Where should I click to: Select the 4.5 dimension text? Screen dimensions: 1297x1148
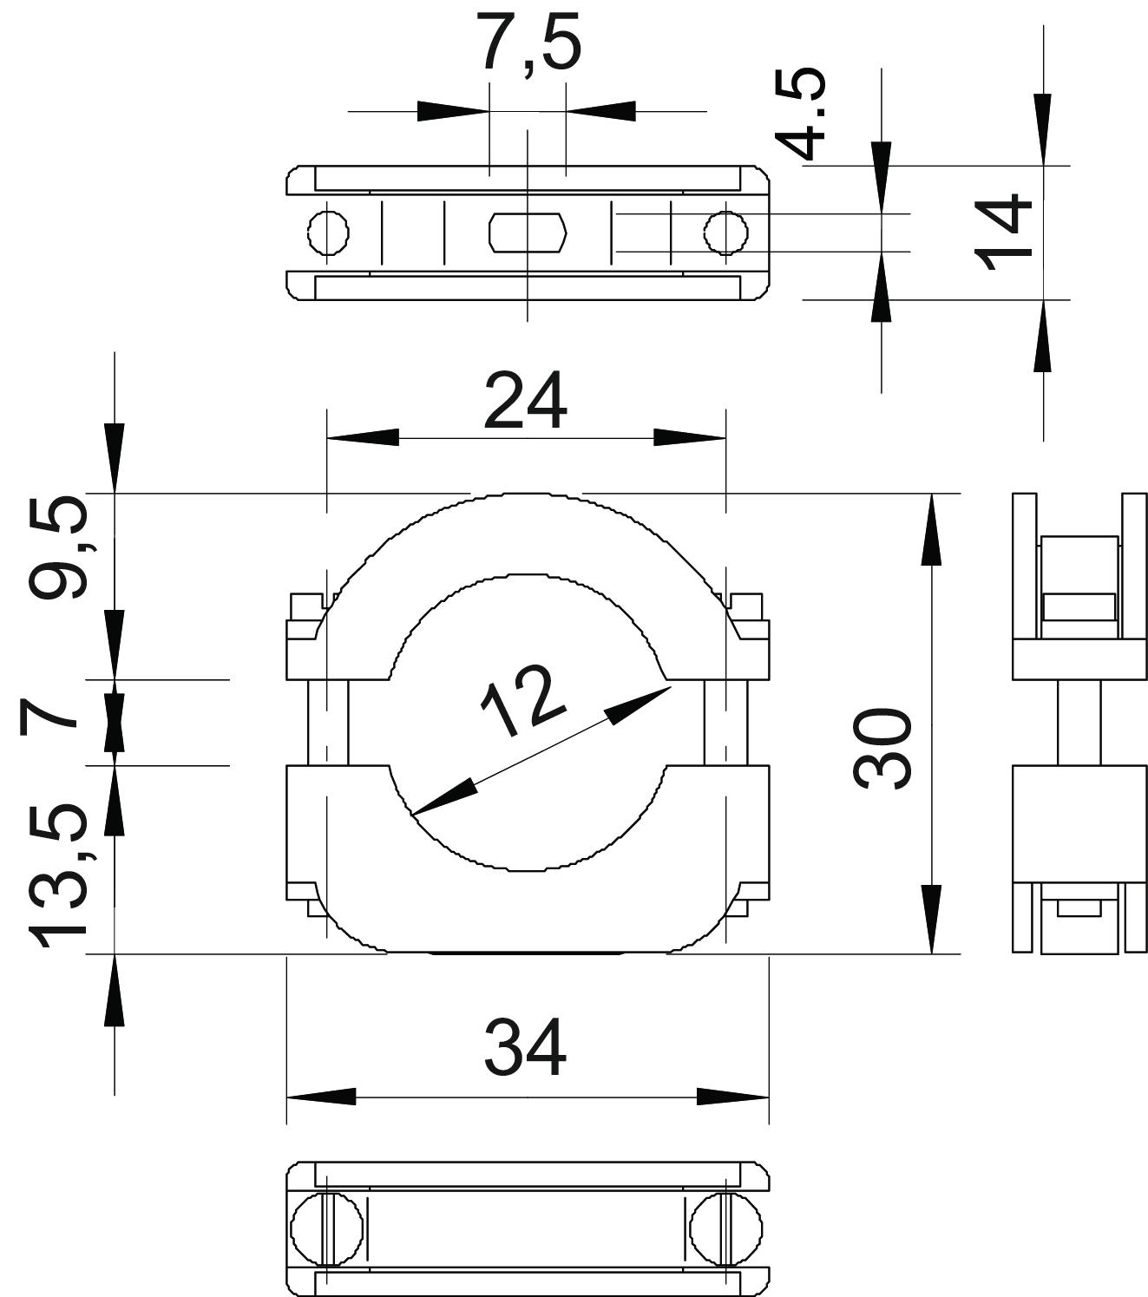click(800, 115)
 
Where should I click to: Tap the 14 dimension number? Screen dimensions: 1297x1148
click(1003, 233)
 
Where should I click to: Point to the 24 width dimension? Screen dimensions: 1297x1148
click(525, 401)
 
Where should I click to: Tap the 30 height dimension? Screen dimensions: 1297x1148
click(882, 748)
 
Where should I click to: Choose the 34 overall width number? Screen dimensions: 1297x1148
click(525, 1047)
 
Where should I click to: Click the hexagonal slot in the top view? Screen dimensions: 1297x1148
click(528, 233)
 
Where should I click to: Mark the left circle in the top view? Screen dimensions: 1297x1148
click(329, 233)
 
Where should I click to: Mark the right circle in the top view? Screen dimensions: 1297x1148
click(725, 233)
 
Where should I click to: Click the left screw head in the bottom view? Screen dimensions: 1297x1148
click(316, 1229)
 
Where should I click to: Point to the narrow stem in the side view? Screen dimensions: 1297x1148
click(1079, 722)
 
